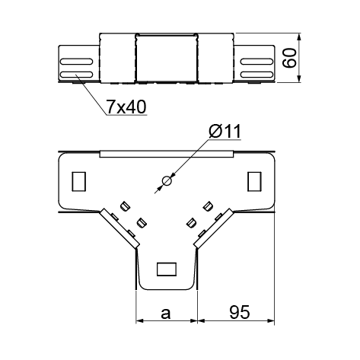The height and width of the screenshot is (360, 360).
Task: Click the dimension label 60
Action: [x=289, y=58]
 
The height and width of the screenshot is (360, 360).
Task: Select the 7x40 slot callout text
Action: [x=126, y=107]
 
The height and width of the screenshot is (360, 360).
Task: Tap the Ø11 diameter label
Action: [x=225, y=131]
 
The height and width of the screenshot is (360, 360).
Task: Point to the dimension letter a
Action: [x=166, y=314]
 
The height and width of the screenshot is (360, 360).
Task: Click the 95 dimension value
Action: [x=240, y=312]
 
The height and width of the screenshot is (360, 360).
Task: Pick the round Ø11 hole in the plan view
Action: [x=167, y=181]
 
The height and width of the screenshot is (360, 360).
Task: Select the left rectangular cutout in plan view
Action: [x=79, y=181]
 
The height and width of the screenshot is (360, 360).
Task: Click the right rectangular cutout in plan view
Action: [x=254, y=181]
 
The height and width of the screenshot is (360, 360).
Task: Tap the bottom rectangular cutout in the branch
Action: [x=167, y=269]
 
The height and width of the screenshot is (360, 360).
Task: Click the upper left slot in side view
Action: [x=77, y=62]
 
